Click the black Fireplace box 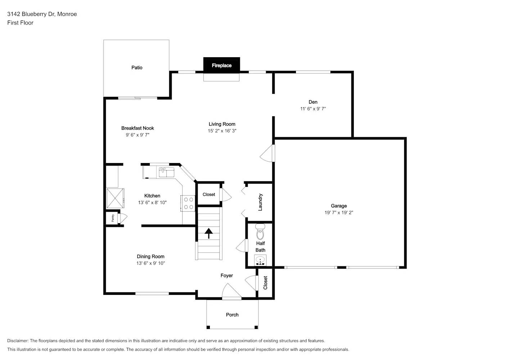(x=221, y=65)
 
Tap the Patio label (x=137, y=68)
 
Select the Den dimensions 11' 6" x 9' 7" (x=313, y=109)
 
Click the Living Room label (x=222, y=124)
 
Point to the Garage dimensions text (x=339, y=213)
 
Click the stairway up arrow (x=208, y=233)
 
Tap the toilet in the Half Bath (x=260, y=232)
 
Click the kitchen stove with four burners (x=188, y=203)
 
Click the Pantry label (x=113, y=218)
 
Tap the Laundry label (x=260, y=202)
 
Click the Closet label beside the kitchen (x=209, y=194)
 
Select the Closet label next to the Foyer (x=265, y=283)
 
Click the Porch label (x=232, y=315)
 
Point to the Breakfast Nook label (x=138, y=128)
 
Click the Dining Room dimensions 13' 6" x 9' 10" (x=150, y=264)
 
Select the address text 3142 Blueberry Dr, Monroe (x=42, y=14)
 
